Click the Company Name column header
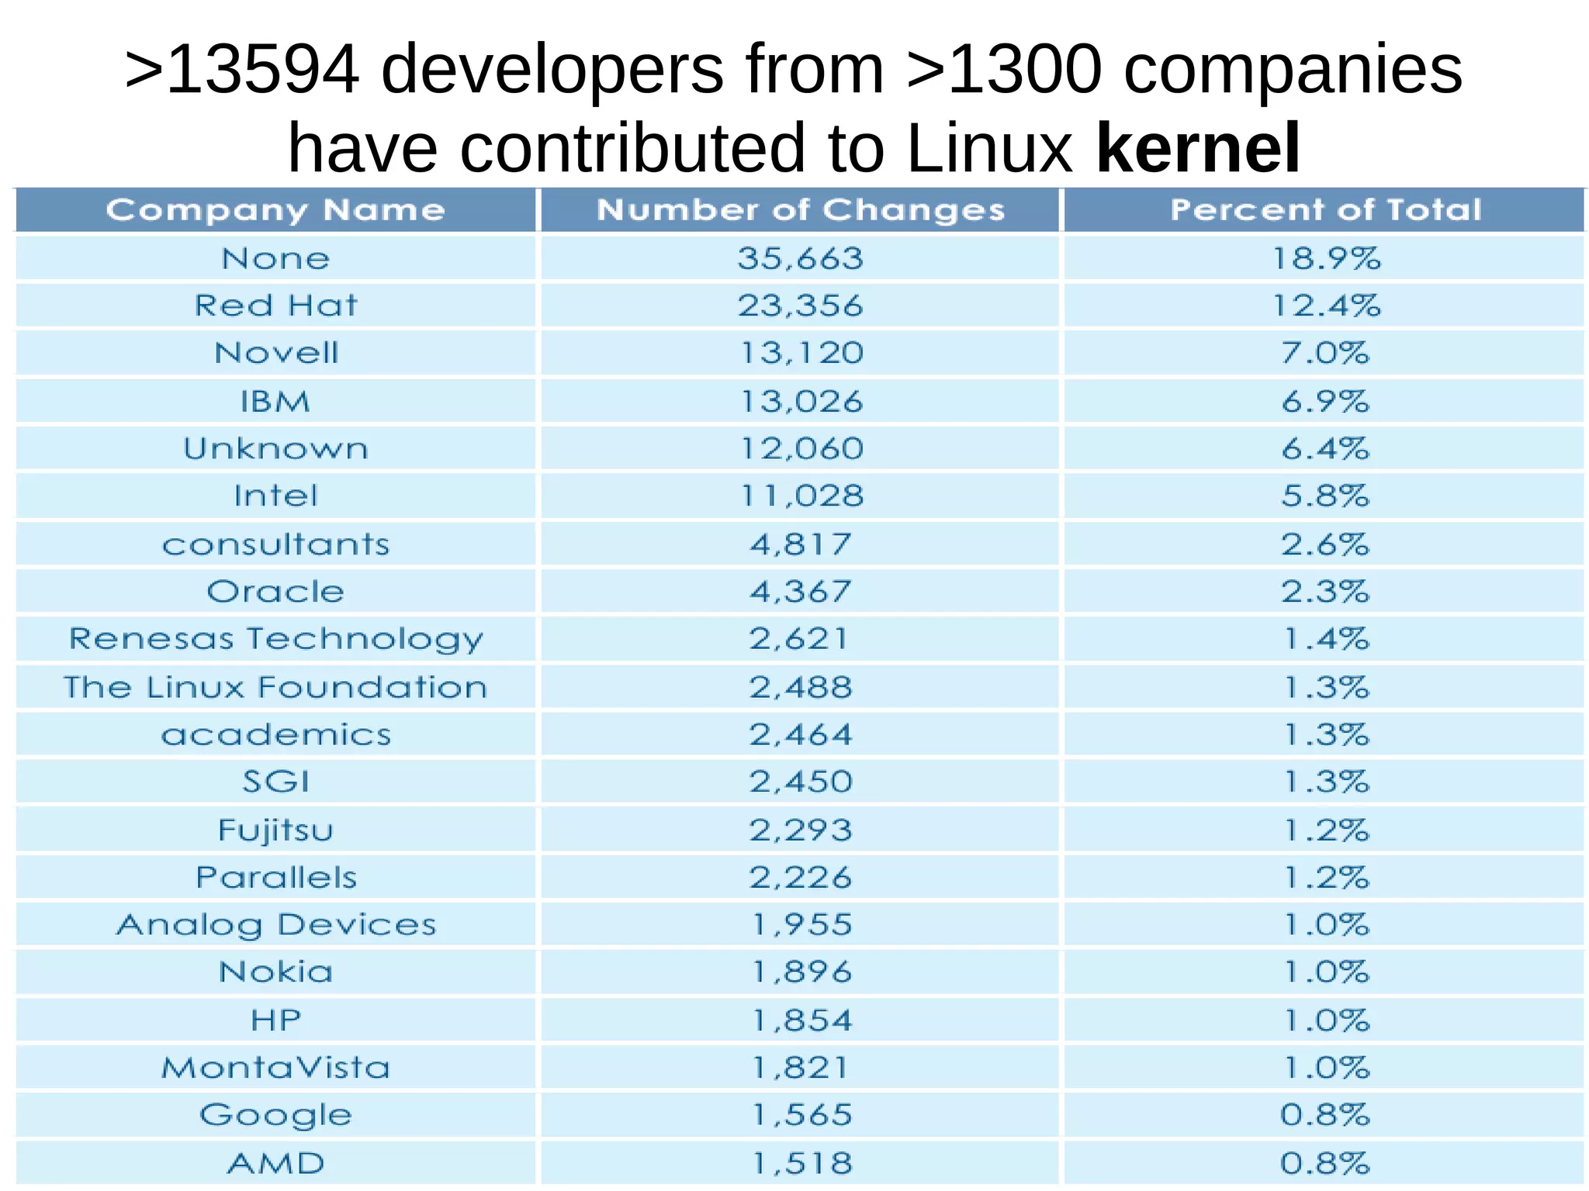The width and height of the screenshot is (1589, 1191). tap(275, 210)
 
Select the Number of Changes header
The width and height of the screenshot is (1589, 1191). tap(800, 210)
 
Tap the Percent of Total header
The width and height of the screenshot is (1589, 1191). tap(1325, 210)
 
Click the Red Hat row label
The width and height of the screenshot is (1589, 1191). tap(275, 306)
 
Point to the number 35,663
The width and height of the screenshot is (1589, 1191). tap(800, 258)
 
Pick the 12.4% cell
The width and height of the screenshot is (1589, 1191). tap(1326, 306)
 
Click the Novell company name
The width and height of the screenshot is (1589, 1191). tap(276, 353)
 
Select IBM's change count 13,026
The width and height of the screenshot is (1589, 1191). tap(801, 402)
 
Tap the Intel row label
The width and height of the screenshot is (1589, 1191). tap(275, 496)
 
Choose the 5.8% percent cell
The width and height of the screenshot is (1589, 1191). tap(1325, 496)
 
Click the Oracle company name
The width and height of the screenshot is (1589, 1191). tap(275, 592)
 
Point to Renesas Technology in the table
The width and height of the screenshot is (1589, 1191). tap(275, 640)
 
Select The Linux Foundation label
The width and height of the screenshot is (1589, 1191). tap(275, 687)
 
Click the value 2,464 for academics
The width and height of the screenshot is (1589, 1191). tap(800, 734)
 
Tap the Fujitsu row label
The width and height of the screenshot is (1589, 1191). tap(275, 830)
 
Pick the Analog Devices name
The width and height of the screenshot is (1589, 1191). tap(275, 925)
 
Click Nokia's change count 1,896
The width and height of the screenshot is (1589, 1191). tap(801, 972)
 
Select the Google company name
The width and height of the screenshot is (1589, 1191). tap(275, 1115)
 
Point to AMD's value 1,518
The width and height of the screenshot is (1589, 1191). tap(801, 1163)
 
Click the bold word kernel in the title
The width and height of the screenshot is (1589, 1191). tap(1198, 147)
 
